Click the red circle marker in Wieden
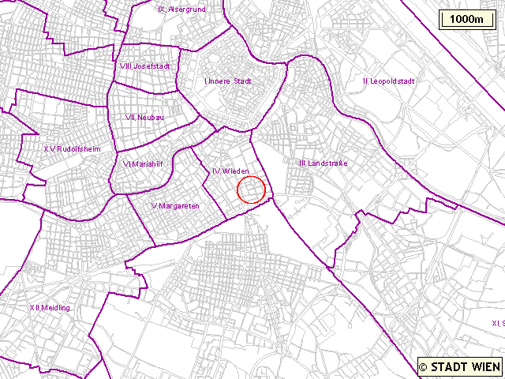[251, 189]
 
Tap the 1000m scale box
[467, 20]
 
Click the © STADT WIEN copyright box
[459, 366]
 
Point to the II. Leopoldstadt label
[388, 81]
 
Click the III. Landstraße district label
[324, 163]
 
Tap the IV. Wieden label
[230, 171]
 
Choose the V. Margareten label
[175, 206]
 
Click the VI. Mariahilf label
[142, 164]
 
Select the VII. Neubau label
[144, 117]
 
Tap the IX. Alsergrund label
[182, 9]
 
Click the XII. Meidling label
[50, 307]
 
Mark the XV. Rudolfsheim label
[72, 148]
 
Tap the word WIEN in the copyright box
[485, 366]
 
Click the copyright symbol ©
[424, 366]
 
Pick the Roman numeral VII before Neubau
[130, 117]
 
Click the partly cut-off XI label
[497, 323]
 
